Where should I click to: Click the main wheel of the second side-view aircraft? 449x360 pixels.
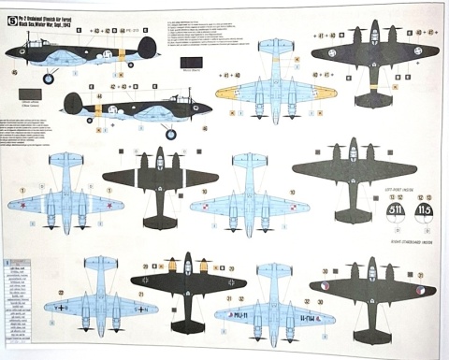click(170, 134)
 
